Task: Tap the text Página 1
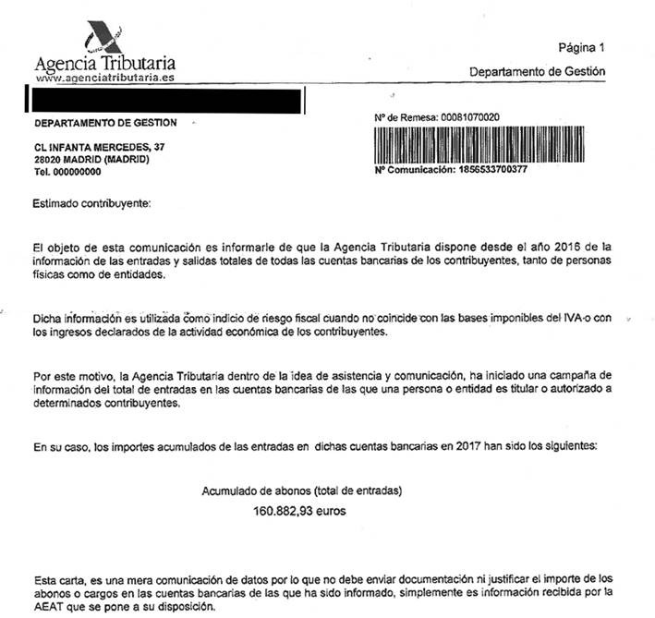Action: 581,47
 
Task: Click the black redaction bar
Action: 165,98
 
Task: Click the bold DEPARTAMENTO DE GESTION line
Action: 104,123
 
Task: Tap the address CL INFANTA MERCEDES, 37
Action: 99,147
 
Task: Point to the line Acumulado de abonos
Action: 302,491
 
